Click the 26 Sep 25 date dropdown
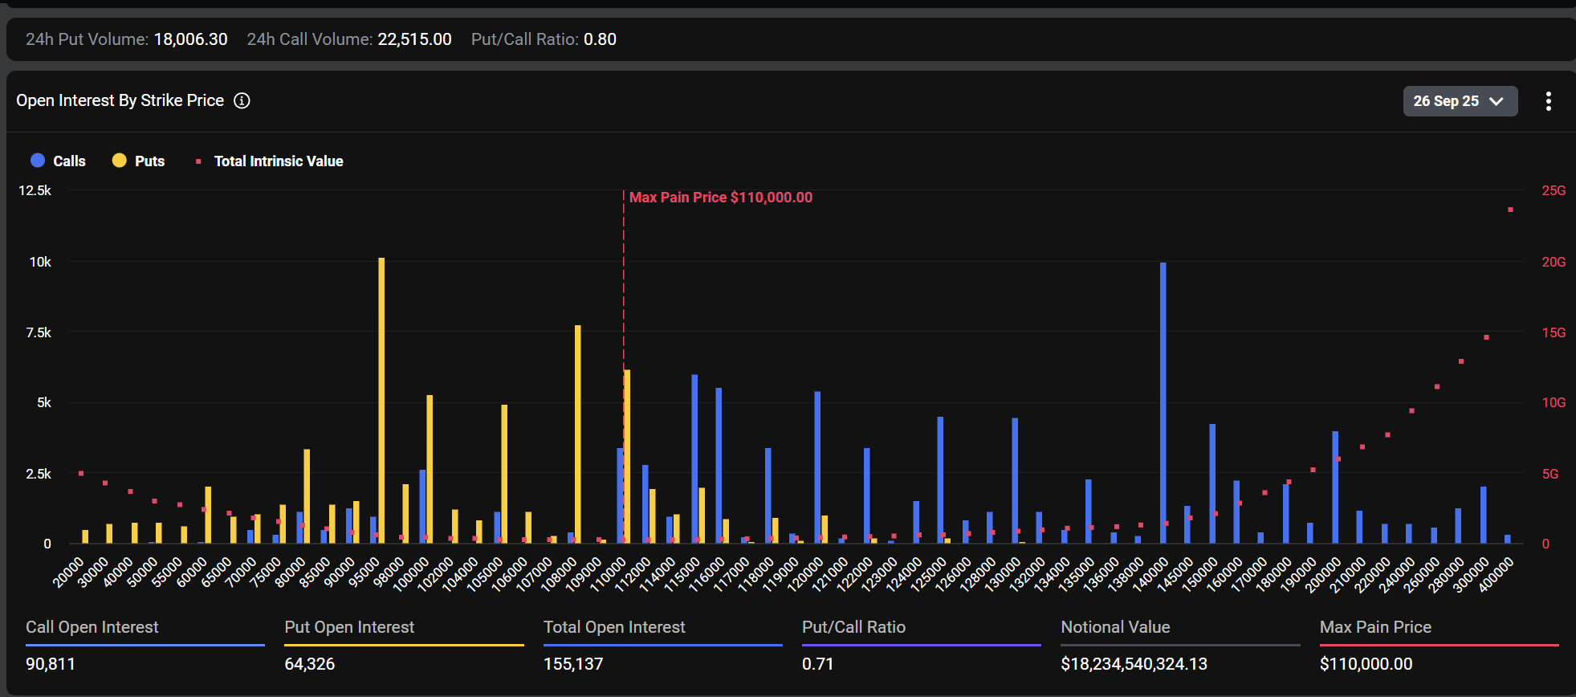[x=1459, y=101]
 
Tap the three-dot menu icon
[x=1548, y=101]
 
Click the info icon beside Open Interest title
[x=242, y=100]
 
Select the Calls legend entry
[x=59, y=161]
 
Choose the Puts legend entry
[x=139, y=161]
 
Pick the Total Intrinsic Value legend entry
[x=270, y=161]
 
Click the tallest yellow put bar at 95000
[x=381, y=401]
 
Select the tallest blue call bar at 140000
[x=1163, y=401]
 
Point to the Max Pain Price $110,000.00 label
[x=720, y=198]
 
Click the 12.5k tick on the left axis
[x=35, y=190]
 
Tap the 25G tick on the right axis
[x=1553, y=190]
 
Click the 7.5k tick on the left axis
[x=38, y=332]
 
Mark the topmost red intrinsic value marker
[x=1510, y=210]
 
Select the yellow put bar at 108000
[x=578, y=434]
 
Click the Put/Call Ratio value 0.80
[x=600, y=39]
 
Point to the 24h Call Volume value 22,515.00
[x=414, y=39]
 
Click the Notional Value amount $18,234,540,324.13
[x=1134, y=664]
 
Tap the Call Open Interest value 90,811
[x=51, y=664]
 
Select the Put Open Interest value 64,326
[x=309, y=664]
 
